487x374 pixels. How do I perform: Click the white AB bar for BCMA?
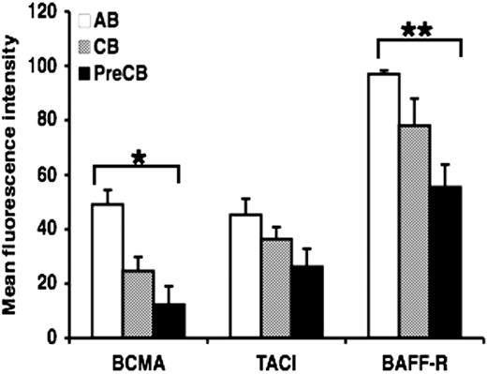coord(108,271)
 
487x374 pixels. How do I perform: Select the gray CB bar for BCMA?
coord(139,304)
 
